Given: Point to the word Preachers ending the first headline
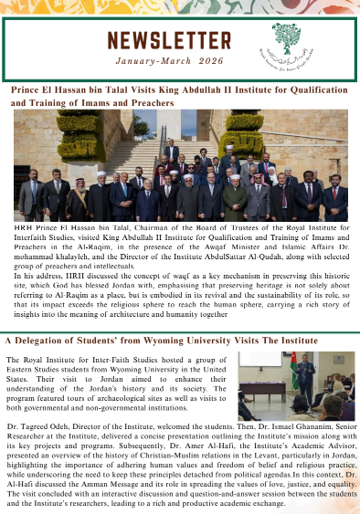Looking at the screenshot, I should pos(148,104).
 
